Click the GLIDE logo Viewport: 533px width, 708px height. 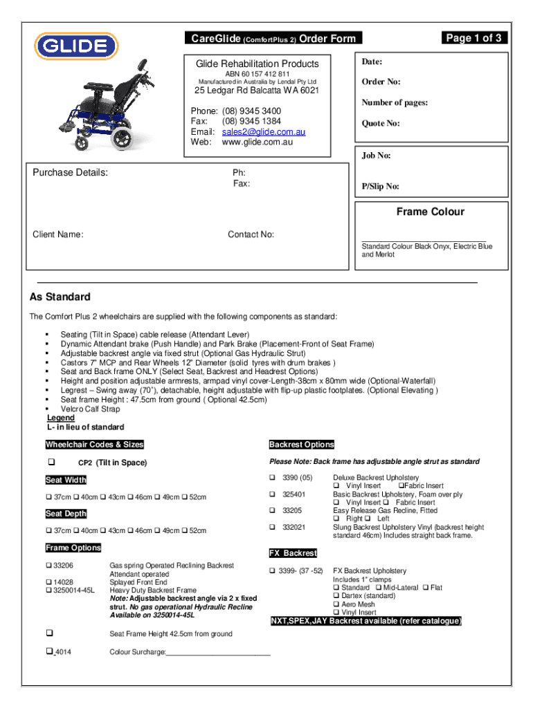(x=76, y=46)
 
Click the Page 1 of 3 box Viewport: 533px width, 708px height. (x=473, y=38)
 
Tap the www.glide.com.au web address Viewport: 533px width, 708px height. (x=257, y=142)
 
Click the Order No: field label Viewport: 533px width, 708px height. (x=381, y=82)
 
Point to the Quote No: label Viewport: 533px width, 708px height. (x=381, y=124)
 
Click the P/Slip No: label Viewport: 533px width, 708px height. (x=380, y=187)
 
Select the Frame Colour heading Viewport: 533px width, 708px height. (x=430, y=212)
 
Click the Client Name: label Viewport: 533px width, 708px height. (x=58, y=234)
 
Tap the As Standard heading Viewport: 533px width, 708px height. (x=60, y=297)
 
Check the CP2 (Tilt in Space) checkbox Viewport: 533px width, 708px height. (x=51, y=463)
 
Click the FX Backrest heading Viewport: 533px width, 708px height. (x=293, y=553)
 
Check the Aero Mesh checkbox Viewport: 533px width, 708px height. (x=336, y=604)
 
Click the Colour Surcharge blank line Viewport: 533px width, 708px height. (x=218, y=651)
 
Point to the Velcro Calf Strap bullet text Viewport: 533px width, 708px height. (x=90, y=409)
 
